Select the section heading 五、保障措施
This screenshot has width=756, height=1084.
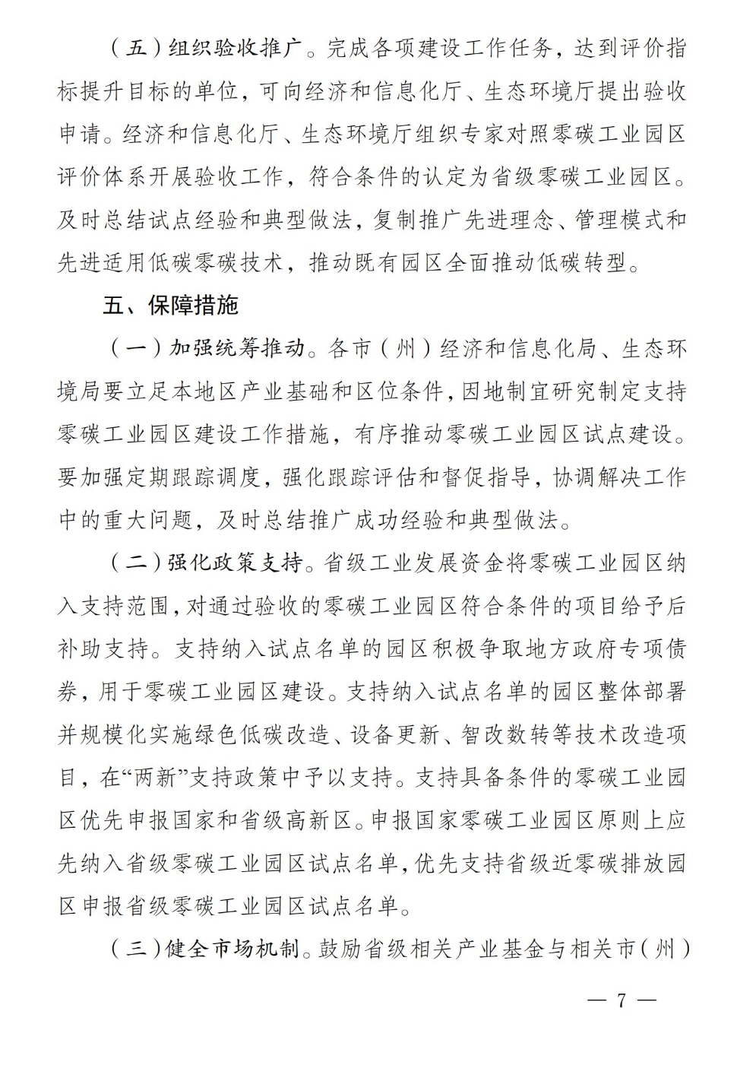pos(170,305)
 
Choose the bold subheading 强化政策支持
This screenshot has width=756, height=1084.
pos(235,563)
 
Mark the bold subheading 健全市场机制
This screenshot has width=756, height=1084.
pos(232,949)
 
